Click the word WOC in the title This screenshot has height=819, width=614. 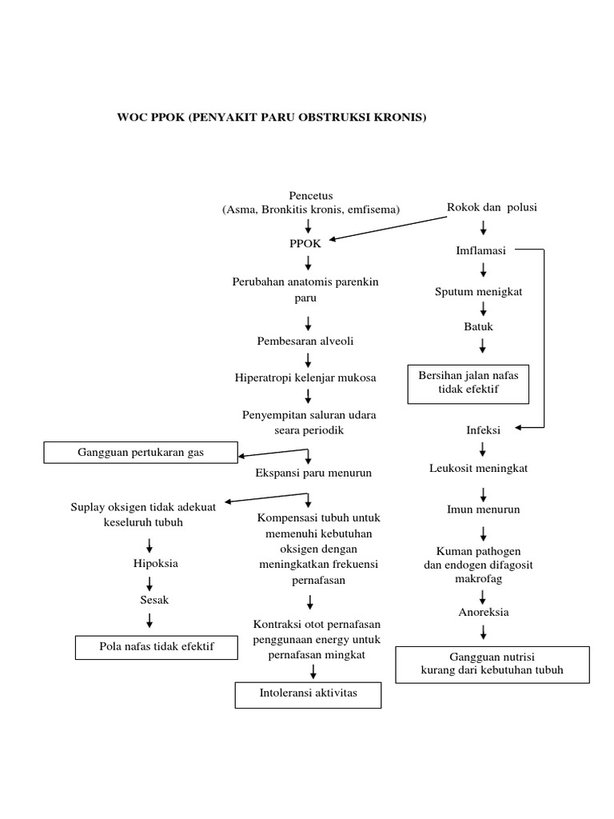pos(133,118)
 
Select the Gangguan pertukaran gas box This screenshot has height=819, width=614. pos(141,453)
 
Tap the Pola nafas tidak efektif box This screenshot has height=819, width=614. pos(157,646)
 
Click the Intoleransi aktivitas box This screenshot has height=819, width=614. pos(308,693)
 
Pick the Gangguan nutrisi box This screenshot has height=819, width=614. pos(492,663)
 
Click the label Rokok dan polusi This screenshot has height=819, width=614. pos(492,207)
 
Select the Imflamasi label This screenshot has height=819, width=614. pos(480,250)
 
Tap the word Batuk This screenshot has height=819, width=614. pos(479,326)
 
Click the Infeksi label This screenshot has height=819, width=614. pos(483,429)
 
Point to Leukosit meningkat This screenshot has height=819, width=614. pos(478,468)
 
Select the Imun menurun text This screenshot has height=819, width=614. pos(483,509)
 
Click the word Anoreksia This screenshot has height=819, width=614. pos(483,612)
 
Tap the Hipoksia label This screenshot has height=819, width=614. pos(155,563)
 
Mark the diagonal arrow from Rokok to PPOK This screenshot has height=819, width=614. pos(388,228)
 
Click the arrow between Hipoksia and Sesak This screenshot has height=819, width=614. pos(150,581)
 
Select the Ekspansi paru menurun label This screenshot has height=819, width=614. pos(313,473)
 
